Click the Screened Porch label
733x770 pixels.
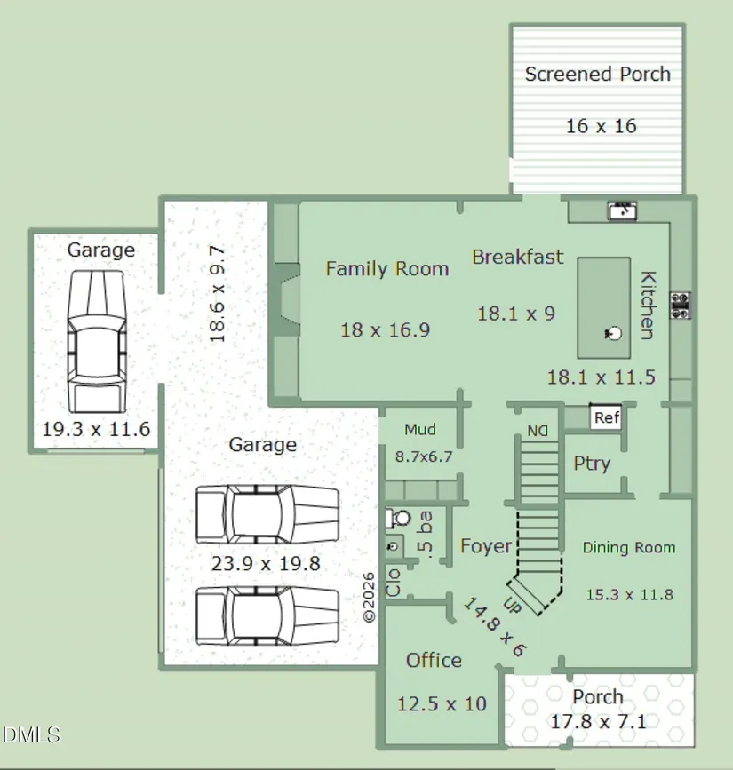(597, 74)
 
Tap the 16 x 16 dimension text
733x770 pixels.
(602, 126)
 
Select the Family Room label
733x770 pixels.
(387, 268)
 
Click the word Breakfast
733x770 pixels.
(518, 257)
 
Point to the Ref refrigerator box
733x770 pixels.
(606, 417)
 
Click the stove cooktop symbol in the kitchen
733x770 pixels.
(681, 306)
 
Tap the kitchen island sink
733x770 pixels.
(613, 333)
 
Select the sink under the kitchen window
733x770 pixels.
(623, 210)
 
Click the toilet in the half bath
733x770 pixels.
(399, 518)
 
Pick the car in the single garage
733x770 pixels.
(96, 341)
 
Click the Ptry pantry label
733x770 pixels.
(592, 464)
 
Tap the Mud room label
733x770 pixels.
(420, 430)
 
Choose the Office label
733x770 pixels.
(434, 661)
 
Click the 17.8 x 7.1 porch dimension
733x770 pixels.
(598, 722)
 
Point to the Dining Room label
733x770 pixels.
(629, 548)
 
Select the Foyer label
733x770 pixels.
(485, 546)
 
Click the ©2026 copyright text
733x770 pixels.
(369, 598)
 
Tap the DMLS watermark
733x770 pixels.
(31, 735)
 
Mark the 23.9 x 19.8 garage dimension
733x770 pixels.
(266, 563)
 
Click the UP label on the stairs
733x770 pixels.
(512, 605)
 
